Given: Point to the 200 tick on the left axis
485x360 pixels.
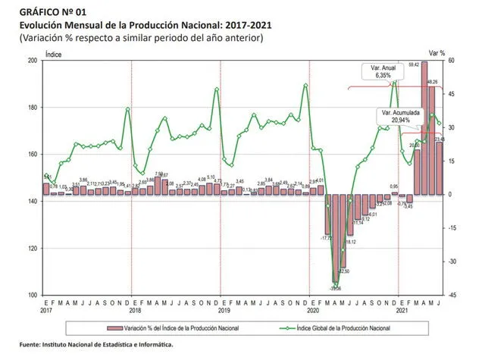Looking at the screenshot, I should click(32, 60).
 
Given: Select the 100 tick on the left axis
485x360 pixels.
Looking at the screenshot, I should click(32, 295).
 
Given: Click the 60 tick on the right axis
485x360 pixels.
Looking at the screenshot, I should click(451, 60).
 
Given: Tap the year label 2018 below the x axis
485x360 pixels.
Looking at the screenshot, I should click(135, 310).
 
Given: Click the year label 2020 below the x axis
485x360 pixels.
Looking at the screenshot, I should click(311, 310).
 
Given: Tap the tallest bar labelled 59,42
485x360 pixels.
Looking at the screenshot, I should click(424, 129).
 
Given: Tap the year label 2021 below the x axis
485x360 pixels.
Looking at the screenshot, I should click(400, 310).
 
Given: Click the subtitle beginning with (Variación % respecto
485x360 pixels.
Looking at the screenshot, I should click(141, 39).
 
